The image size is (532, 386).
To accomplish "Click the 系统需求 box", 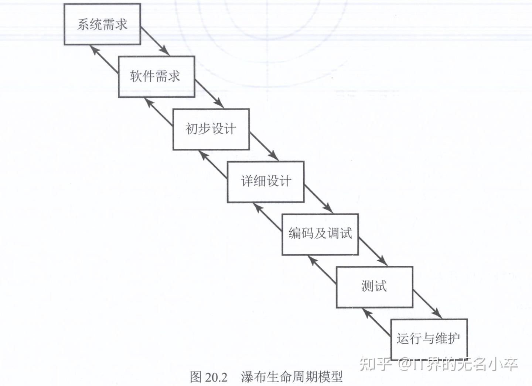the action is pyautogui.click(x=102, y=24).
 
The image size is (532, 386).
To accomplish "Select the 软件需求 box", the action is pyautogui.click(x=156, y=77).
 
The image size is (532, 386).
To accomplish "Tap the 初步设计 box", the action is pyautogui.click(x=211, y=129).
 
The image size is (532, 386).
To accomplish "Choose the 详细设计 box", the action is pyautogui.click(x=266, y=182).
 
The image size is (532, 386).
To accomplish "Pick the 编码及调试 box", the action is pyautogui.click(x=320, y=234).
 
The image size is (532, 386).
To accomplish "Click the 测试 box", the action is pyautogui.click(x=374, y=286).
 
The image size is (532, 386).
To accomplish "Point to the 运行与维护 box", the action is pyautogui.click(x=429, y=339).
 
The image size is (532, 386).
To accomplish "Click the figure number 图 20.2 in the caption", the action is pyautogui.click(x=209, y=377).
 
